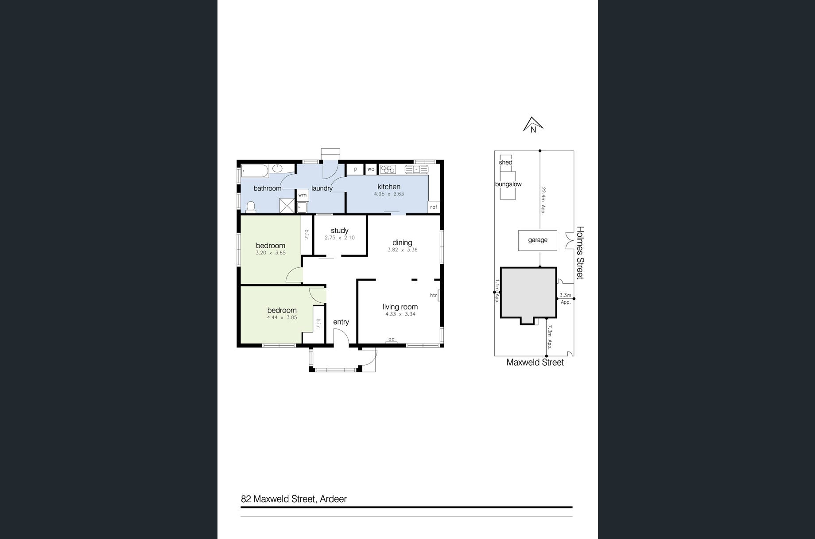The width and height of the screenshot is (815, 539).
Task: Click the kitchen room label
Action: [389, 187]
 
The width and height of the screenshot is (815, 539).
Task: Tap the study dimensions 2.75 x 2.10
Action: [340, 238]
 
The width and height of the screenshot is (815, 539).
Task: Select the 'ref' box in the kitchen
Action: [434, 207]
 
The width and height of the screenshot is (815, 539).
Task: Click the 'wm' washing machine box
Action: [303, 195]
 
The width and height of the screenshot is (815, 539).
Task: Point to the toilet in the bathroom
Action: [251, 207]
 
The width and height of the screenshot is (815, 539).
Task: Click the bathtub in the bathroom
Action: [255, 170]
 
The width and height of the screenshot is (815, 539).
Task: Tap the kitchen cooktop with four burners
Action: [388, 169]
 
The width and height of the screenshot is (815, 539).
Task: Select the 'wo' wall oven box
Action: [371, 169]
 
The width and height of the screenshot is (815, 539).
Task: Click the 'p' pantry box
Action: [355, 169]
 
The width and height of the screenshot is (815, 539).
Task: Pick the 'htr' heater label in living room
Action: [433, 295]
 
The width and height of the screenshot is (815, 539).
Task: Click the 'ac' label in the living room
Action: [391, 339]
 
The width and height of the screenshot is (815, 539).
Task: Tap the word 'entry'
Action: [341, 322]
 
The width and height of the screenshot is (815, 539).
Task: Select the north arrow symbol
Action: [533, 125]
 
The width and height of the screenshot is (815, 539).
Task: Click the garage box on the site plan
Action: [538, 240]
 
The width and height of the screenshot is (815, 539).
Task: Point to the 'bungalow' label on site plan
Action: [508, 184]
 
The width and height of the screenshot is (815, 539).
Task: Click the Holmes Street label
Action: [580, 253]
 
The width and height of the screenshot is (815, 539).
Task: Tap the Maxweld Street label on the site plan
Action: [535, 363]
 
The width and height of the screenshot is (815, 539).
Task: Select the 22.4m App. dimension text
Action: [543, 201]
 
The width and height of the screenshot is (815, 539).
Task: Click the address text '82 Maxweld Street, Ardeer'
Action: [294, 499]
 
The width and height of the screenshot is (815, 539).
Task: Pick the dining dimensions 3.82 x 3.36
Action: [402, 250]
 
